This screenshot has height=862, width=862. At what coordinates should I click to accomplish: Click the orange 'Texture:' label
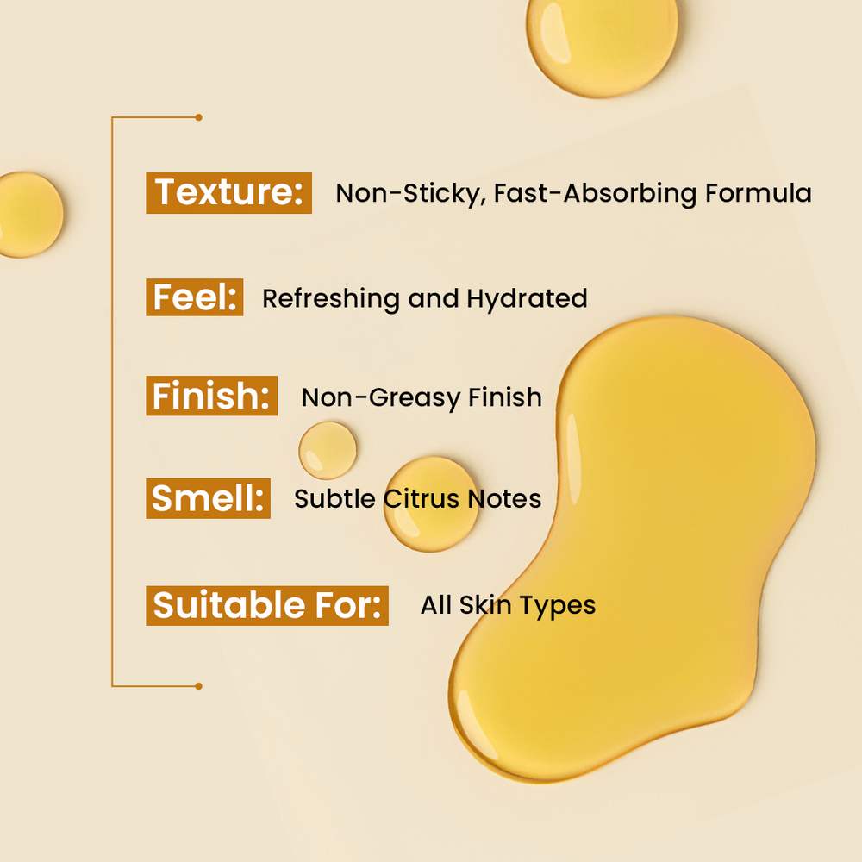pos(228,193)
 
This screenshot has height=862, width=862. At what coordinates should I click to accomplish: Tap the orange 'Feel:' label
pos(195,297)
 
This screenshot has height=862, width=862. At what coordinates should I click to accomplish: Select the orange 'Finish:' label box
pos(212,396)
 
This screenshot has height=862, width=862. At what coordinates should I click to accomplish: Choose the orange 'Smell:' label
pos(208,498)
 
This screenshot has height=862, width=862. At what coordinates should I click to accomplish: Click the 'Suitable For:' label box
pos(267,605)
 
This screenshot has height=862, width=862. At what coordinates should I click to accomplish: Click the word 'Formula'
pos(758,193)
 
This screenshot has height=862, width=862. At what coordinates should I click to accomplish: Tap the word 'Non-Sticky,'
pos(410,194)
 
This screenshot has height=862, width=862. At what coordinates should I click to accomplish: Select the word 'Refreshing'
pos(330,299)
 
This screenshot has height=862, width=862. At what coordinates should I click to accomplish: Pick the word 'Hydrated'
pos(527,299)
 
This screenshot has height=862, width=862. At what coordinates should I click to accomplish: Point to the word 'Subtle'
pos(334,498)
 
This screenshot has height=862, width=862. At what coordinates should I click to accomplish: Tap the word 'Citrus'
pos(422,498)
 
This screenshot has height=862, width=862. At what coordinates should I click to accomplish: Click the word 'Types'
pos(558,606)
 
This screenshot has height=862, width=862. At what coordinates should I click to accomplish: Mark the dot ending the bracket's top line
pos(198,117)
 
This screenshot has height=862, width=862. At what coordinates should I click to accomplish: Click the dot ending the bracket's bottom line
pos(198,686)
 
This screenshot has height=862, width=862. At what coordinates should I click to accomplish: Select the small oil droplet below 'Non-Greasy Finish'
pos(328,450)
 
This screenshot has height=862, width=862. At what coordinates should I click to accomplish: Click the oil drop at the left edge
pos(28,215)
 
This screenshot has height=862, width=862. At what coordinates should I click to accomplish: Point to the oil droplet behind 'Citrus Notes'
pos(431,503)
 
